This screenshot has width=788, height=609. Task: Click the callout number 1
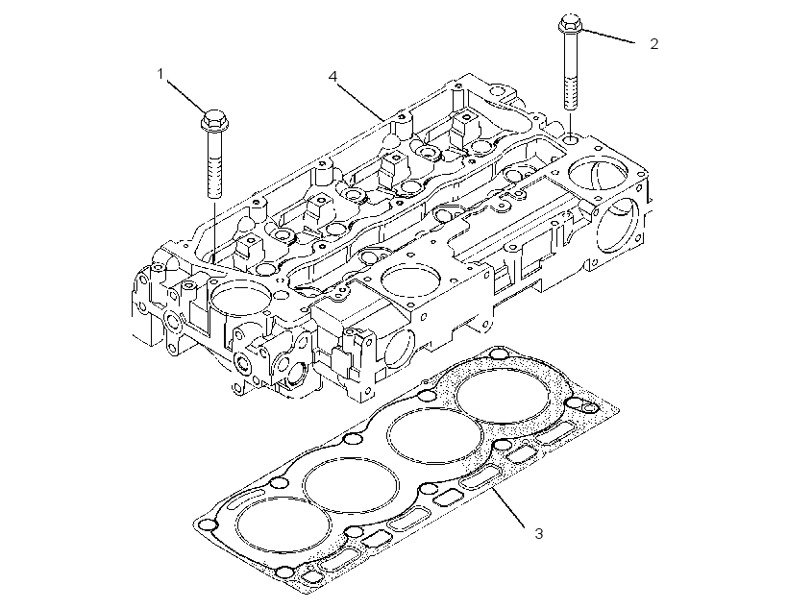pyautogui.click(x=160, y=74)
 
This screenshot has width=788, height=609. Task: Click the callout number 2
pyautogui.click(x=653, y=44)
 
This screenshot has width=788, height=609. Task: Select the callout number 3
pyautogui.click(x=539, y=533)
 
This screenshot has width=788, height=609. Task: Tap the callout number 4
pyautogui.click(x=332, y=77)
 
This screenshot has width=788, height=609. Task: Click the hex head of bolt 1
pyautogui.click(x=213, y=119)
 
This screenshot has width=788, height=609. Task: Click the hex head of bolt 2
pyautogui.click(x=570, y=23)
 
